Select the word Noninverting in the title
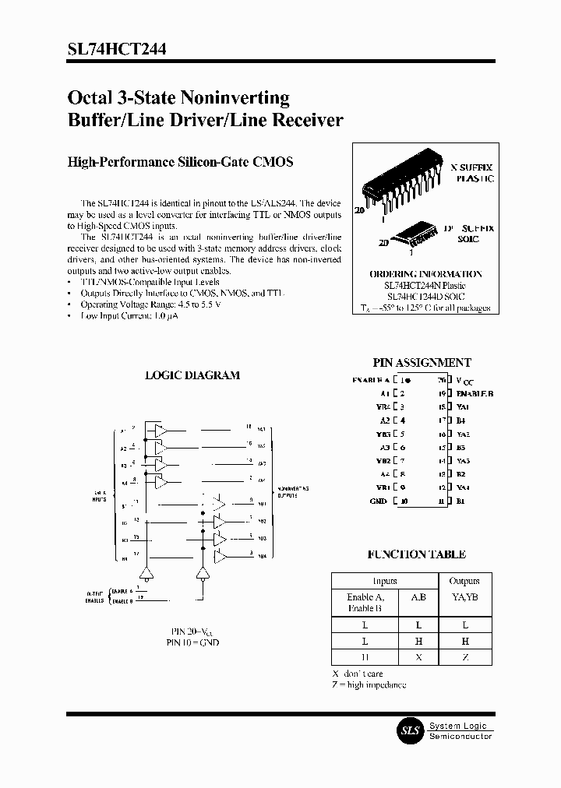coord(235,98)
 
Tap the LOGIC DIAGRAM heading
coord(192,375)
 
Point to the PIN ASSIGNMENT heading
coord(422,363)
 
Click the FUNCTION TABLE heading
coord(417,554)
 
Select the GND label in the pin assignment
coord(378,501)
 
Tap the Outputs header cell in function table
coord(464,581)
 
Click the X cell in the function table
coord(418,657)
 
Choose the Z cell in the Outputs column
coord(464,657)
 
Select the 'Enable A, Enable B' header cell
coord(365,603)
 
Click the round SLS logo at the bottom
coord(410,730)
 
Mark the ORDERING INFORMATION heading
coord(425,274)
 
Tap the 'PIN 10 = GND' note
coord(192,642)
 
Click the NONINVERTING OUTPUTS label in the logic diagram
coord(295,490)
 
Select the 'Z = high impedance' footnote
coord(369,684)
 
